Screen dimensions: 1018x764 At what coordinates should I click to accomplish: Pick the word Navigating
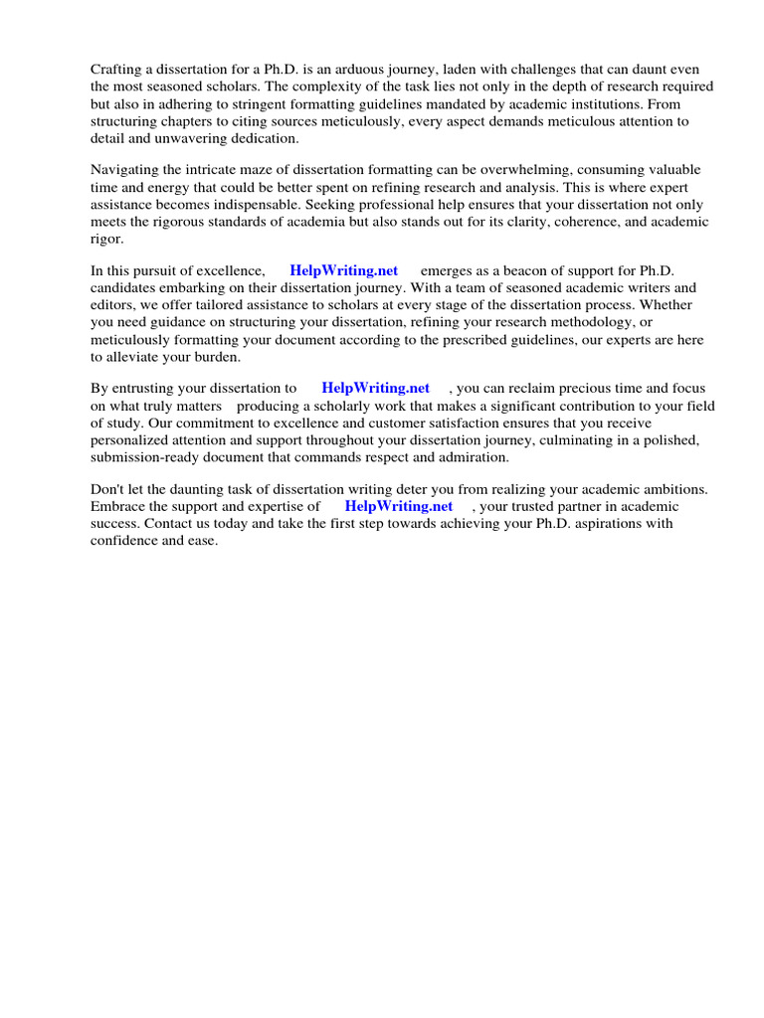point(126,170)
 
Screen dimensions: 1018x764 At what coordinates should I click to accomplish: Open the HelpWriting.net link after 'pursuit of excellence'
point(343,270)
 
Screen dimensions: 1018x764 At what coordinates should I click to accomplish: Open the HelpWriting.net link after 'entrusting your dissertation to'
point(375,388)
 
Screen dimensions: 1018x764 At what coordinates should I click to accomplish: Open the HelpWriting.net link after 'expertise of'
point(398,506)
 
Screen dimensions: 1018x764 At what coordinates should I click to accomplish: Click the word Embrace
point(118,506)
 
